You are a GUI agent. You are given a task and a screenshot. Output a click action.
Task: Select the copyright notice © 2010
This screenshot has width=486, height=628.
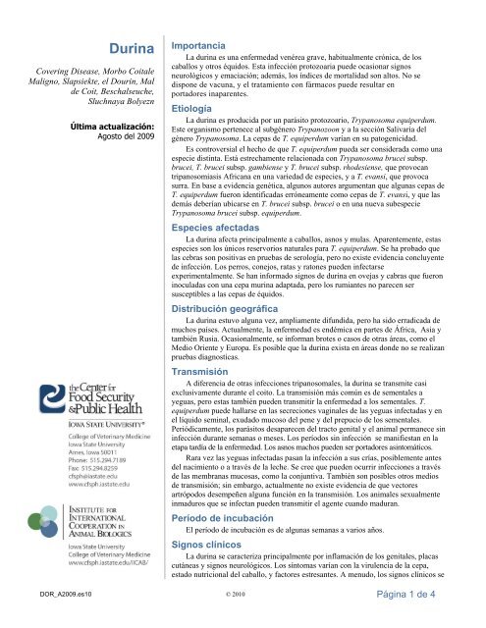243,621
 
